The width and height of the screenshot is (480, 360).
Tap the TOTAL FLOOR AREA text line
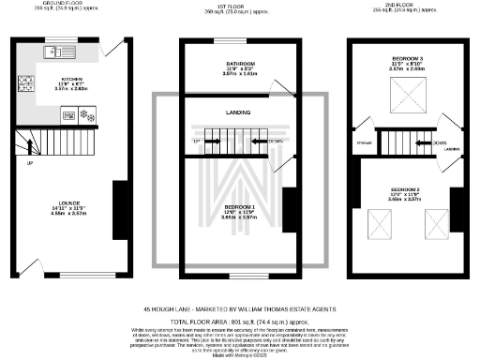[234, 320]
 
